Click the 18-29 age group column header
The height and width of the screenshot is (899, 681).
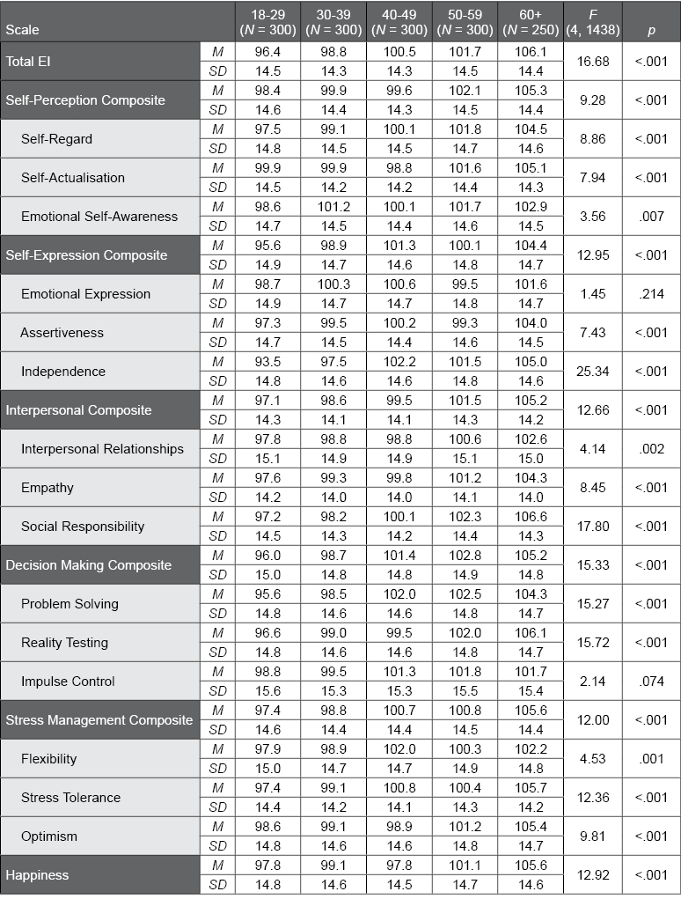267,21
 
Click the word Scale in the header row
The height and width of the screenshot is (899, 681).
22,30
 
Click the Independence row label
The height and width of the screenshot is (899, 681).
62,372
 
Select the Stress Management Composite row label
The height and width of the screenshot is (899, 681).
99,720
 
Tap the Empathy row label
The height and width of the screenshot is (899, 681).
48,488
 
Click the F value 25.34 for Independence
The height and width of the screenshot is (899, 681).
593,372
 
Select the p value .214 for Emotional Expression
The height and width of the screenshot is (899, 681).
651,294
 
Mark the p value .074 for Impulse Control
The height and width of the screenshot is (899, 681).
651,682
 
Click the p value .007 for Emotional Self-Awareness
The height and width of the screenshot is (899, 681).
651,217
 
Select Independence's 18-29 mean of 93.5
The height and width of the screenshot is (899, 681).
267,362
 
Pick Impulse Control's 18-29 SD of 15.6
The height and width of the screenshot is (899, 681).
267,691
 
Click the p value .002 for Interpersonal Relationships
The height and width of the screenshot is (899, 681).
651,449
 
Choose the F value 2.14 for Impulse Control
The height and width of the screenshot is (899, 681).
593,682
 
